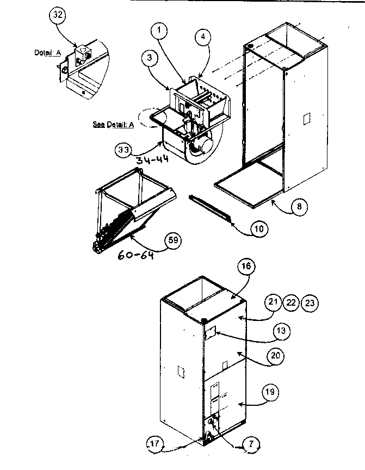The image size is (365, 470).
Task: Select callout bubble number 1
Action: (x=160, y=31)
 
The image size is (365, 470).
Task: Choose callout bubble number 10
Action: (x=259, y=228)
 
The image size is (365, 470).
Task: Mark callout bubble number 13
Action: (x=282, y=331)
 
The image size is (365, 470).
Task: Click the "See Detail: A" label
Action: (x=113, y=124)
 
